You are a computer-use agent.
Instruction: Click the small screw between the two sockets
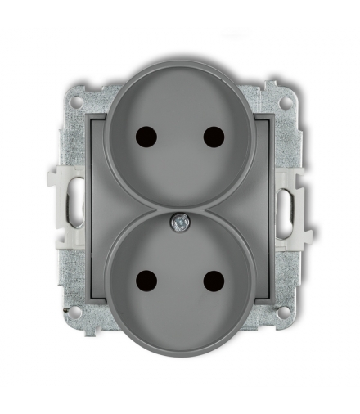pos(180,218)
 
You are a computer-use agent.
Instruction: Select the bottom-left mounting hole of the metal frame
pos(75,312)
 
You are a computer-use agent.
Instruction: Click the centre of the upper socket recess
pos(180,135)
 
